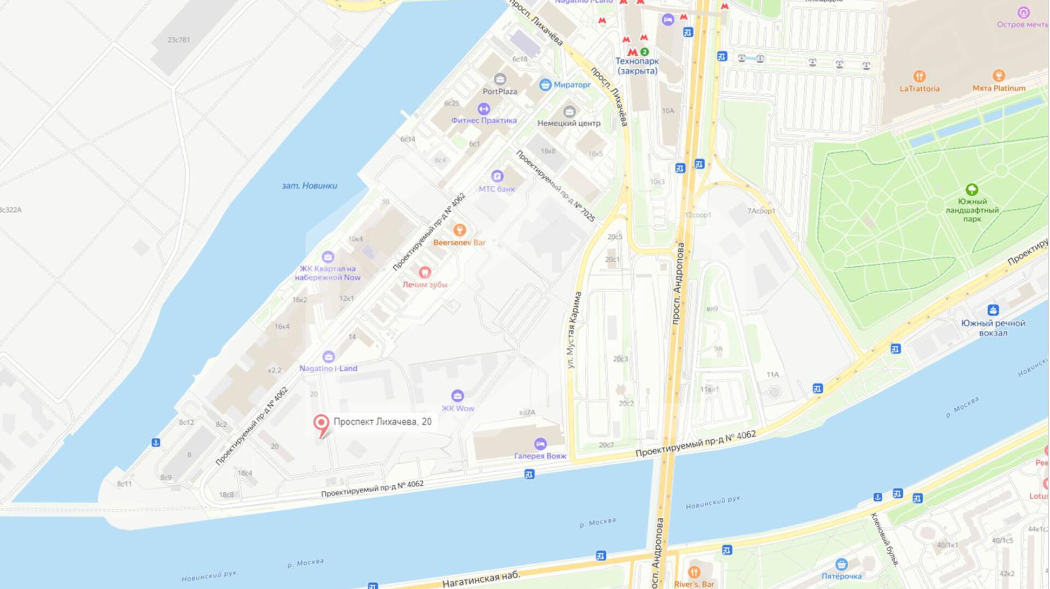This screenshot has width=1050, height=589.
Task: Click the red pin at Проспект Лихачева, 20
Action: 321,423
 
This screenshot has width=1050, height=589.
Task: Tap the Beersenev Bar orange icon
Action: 459,230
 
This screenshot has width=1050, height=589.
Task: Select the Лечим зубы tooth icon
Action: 424,272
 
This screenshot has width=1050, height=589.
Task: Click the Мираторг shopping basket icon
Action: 545,85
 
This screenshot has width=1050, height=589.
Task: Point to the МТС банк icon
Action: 497,176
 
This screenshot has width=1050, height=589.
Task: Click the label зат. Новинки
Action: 310,186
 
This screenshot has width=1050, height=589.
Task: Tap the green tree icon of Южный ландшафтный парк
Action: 972,190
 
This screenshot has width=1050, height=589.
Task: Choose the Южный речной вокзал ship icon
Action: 993,310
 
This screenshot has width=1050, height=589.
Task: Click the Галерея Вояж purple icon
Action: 540,444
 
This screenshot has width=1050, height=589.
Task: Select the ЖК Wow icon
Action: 457,395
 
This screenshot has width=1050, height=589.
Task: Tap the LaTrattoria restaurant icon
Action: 919,76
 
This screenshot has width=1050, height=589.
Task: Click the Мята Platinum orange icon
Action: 999,75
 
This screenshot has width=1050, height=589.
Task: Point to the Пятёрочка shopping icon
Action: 842,564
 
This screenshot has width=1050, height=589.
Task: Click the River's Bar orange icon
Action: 694,572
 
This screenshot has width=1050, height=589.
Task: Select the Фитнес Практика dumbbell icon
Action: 483,108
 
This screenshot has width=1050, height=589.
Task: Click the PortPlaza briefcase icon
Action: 499,79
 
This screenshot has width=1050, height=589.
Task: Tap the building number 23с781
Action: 179,40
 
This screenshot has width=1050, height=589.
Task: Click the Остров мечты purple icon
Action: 1023,12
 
